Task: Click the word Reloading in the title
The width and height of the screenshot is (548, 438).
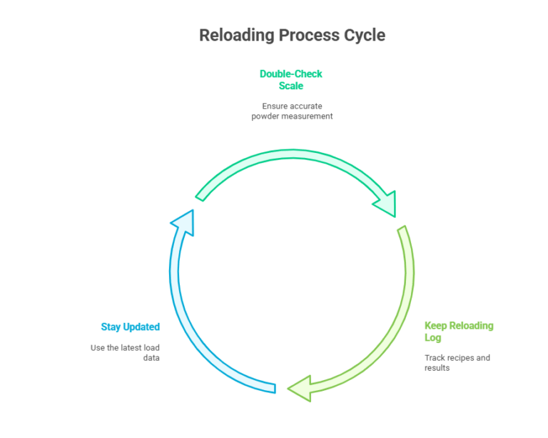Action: point(236,35)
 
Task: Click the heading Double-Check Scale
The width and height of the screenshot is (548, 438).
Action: point(290,80)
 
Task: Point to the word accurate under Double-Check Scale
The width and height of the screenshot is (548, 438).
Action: point(306,106)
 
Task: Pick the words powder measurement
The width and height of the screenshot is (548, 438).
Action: point(292,116)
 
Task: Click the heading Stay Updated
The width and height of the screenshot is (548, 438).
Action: point(130,327)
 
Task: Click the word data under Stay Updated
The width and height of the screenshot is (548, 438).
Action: point(151,357)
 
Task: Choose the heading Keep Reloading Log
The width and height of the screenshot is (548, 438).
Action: point(458,332)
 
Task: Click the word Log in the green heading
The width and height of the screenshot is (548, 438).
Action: point(432,337)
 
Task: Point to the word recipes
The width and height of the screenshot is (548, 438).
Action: point(461,357)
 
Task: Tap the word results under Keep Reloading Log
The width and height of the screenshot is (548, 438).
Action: point(437,367)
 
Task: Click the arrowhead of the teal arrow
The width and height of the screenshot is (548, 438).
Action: point(385,204)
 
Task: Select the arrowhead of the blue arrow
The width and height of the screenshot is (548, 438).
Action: point(184,219)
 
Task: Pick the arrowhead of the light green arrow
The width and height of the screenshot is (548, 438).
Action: point(300,388)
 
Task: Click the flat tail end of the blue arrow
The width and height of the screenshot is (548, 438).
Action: point(274,386)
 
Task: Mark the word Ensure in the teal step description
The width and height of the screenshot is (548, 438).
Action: point(275,106)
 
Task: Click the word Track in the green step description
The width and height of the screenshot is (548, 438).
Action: point(435,357)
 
